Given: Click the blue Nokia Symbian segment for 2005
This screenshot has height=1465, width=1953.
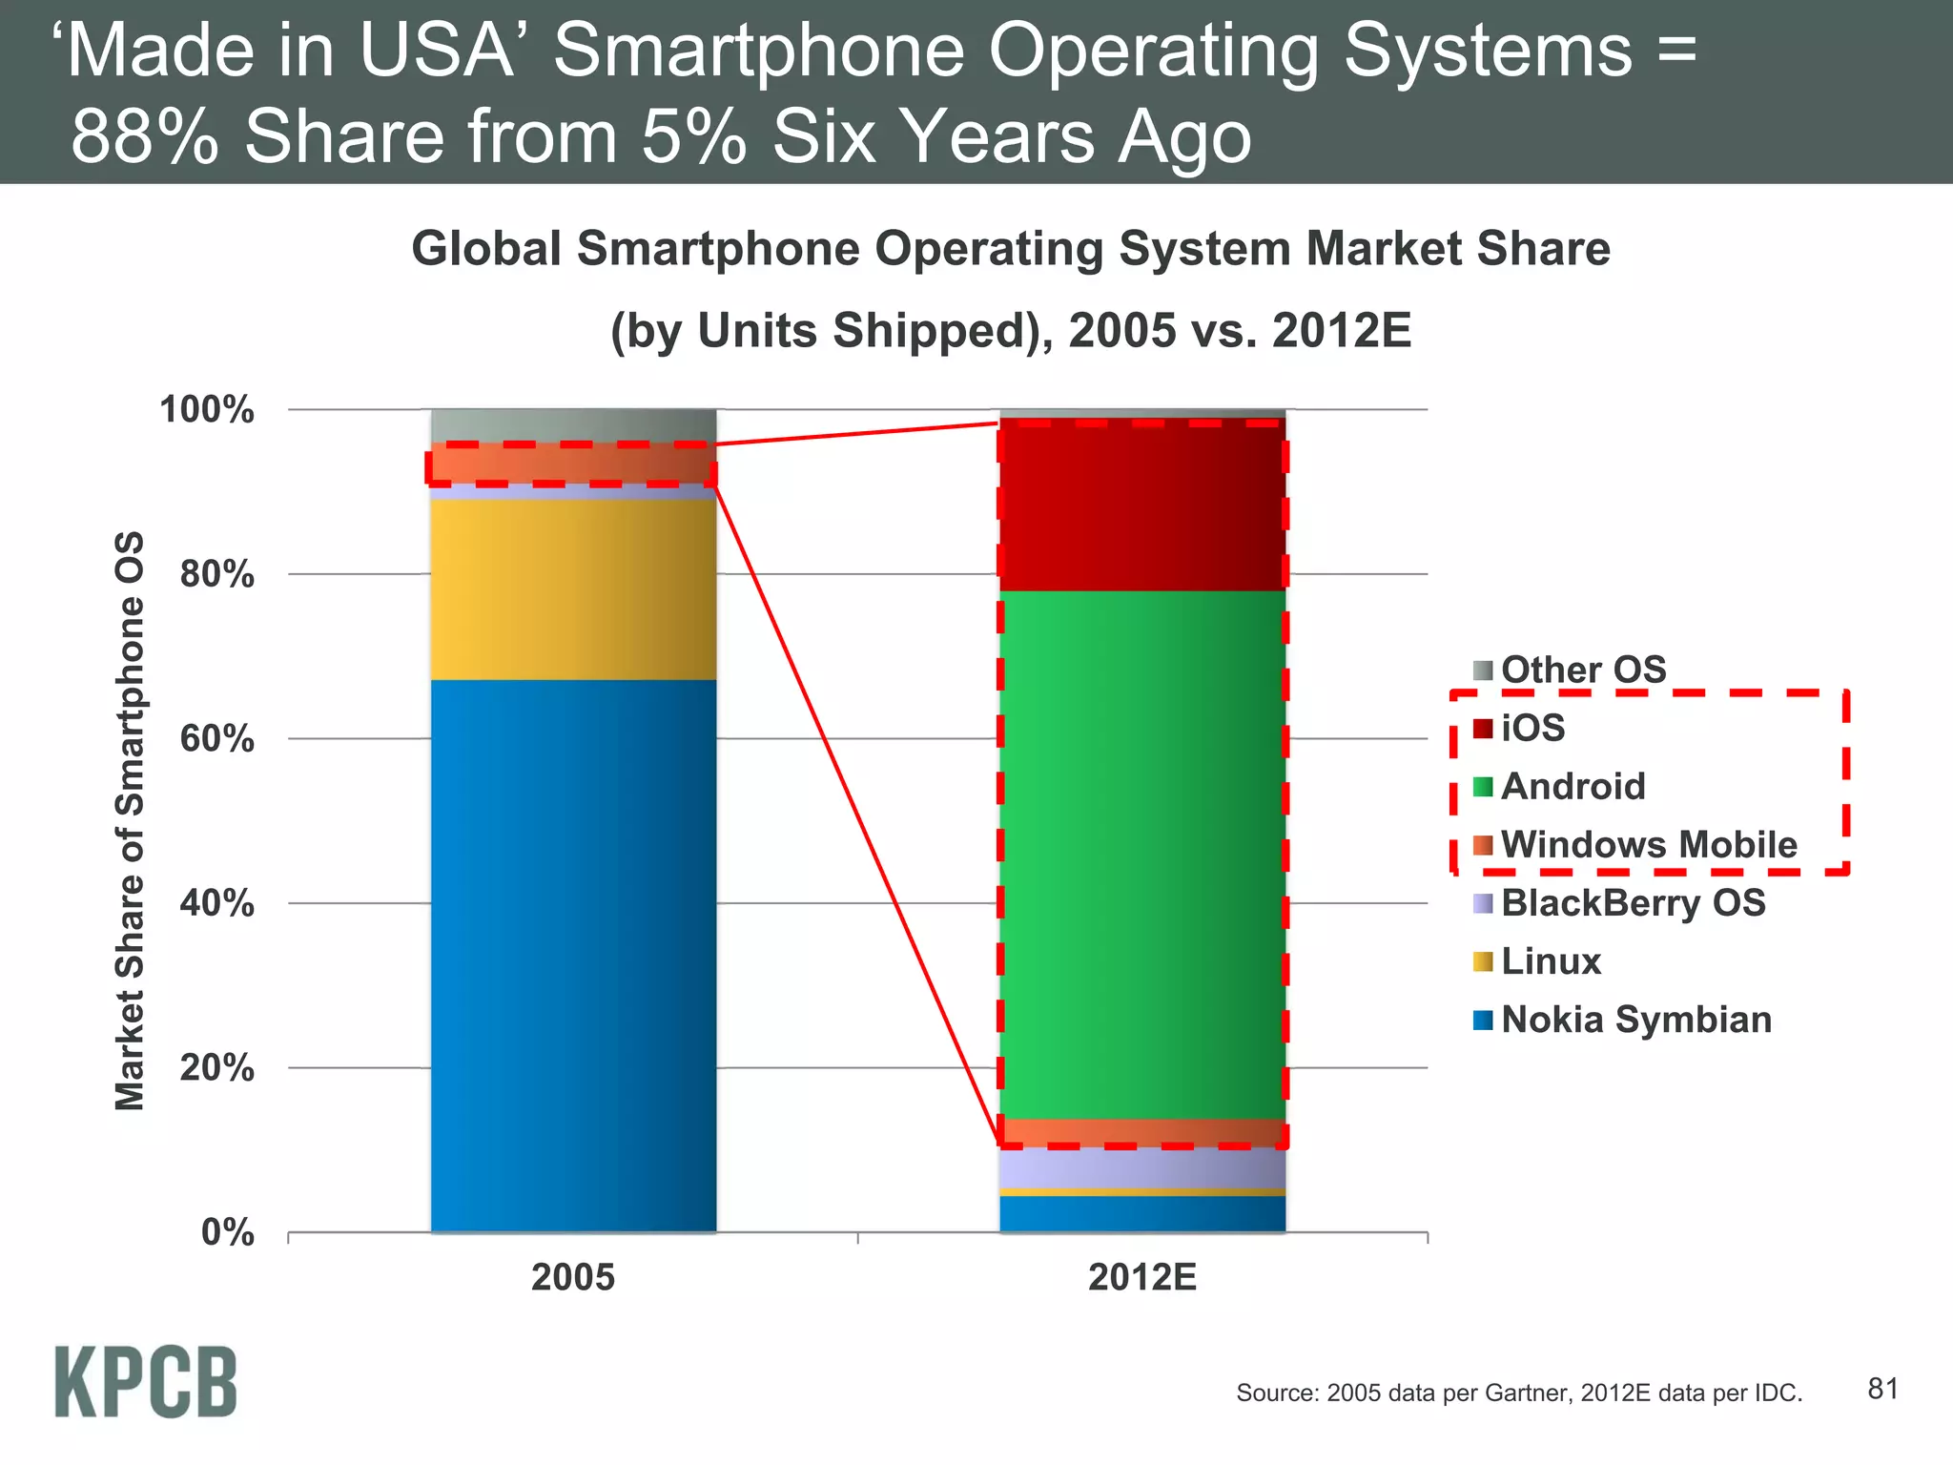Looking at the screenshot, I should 573,954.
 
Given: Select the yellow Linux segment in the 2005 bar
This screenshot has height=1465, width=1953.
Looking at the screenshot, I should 573,588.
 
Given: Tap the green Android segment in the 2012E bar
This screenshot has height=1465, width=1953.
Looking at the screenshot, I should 1142,854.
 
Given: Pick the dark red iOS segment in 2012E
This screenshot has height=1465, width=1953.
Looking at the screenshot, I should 1142,505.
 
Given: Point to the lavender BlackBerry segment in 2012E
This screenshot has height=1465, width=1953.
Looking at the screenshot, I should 1142,1167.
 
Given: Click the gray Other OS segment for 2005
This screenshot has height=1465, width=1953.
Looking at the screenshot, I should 573,425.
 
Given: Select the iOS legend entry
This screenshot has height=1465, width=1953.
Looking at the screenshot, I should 1532,729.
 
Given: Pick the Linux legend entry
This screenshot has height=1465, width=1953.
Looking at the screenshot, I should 1550,961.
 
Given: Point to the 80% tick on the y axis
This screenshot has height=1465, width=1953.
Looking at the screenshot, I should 217,574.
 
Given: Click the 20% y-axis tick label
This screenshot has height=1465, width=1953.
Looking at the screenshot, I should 217,1068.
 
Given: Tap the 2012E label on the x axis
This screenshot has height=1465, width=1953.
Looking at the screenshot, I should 1142,1277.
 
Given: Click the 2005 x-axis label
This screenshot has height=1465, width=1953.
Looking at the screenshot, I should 573,1277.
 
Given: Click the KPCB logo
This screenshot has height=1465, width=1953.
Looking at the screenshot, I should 146,1382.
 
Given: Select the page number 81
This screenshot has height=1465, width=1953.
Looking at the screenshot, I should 1882,1389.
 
